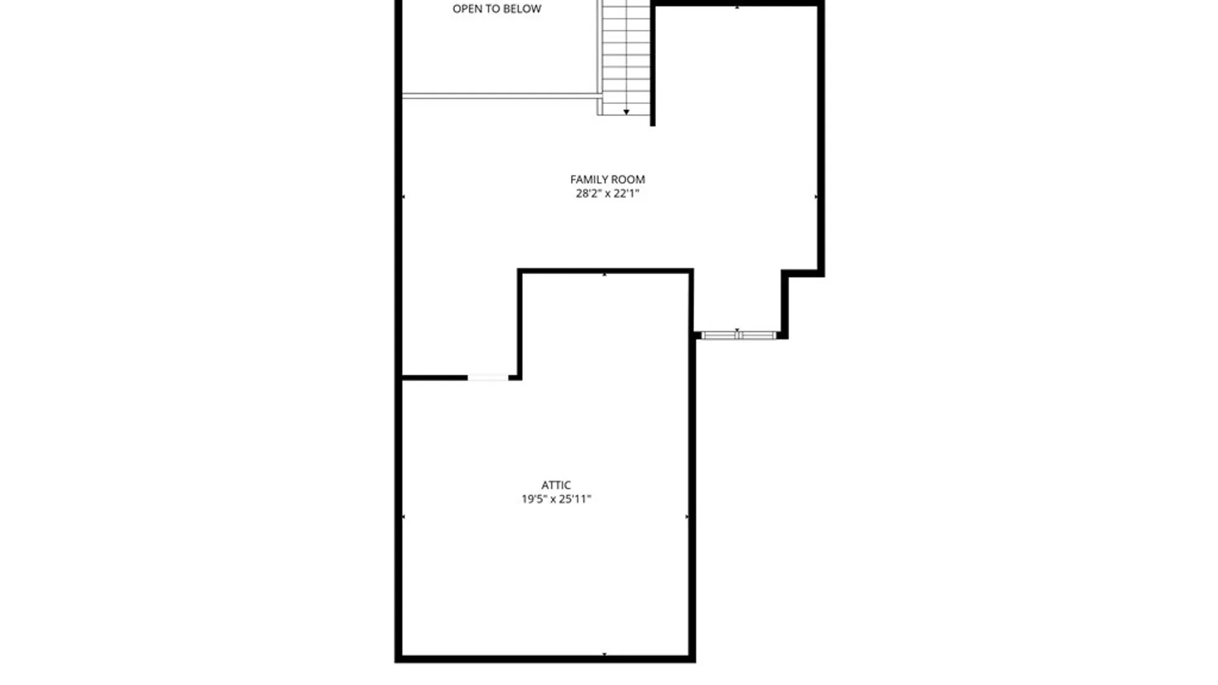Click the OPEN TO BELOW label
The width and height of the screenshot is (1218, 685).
pyautogui.click(x=497, y=9)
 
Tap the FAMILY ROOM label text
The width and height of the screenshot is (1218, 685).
pyautogui.click(x=607, y=179)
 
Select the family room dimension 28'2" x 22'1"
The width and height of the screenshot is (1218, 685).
pyautogui.click(x=607, y=193)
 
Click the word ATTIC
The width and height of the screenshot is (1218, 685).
pyautogui.click(x=556, y=485)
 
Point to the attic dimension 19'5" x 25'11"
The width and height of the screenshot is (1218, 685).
pyautogui.click(x=556, y=499)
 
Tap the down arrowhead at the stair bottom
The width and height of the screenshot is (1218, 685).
pyautogui.click(x=626, y=112)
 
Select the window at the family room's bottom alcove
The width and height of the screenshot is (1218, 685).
pyautogui.click(x=738, y=336)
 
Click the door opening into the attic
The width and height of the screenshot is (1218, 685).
pyautogui.click(x=488, y=378)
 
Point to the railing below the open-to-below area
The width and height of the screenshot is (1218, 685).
pyautogui.click(x=502, y=96)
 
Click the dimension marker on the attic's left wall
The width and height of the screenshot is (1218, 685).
pyautogui.click(x=403, y=517)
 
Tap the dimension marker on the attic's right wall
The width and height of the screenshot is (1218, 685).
pyautogui.click(x=687, y=517)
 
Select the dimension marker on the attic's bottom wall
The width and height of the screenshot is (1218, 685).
pyautogui.click(x=605, y=654)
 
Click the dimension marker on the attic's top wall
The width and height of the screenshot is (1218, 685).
pyautogui.click(x=605, y=275)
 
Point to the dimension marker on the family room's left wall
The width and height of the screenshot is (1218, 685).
pyautogui.click(x=403, y=197)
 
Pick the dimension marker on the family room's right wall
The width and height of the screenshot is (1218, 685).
pyautogui.click(x=816, y=197)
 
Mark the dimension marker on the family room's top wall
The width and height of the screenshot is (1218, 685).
pyautogui.click(x=737, y=8)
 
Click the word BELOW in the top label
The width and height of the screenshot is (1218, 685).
pyautogui.click(x=522, y=9)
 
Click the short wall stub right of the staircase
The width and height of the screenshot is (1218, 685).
pyautogui.click(x=653, y=63)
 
